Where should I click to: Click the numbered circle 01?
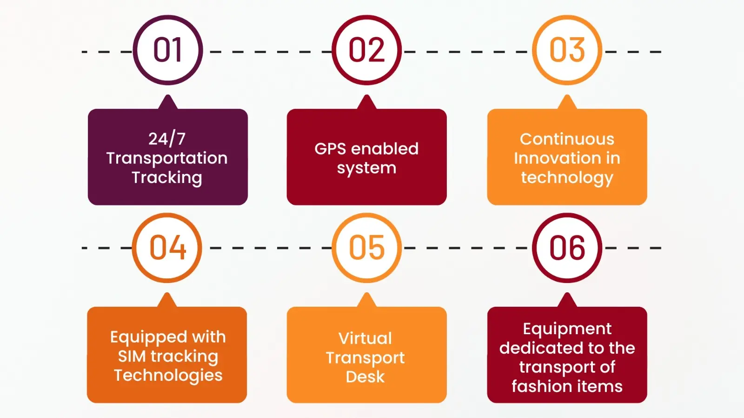coord(168,50)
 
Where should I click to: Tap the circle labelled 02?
coord(367,50)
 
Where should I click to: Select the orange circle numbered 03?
coord(567,50)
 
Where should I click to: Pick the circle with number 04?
coord(167,248)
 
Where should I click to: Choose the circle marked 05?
coord(367,248)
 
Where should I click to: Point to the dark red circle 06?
coord(567,248)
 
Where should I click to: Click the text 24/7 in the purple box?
coord(167,139)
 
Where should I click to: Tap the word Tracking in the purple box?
coord(167,177)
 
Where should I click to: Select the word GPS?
coord(330,149)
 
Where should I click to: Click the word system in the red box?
coord(366,168)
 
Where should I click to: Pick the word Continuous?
coord(567,139)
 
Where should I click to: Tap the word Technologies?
coord(168,375)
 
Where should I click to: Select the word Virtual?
coord(365,338)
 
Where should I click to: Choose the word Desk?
coord(365,377)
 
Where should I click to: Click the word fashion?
coord(541,386)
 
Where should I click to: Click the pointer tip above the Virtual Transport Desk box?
coord(366,296)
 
